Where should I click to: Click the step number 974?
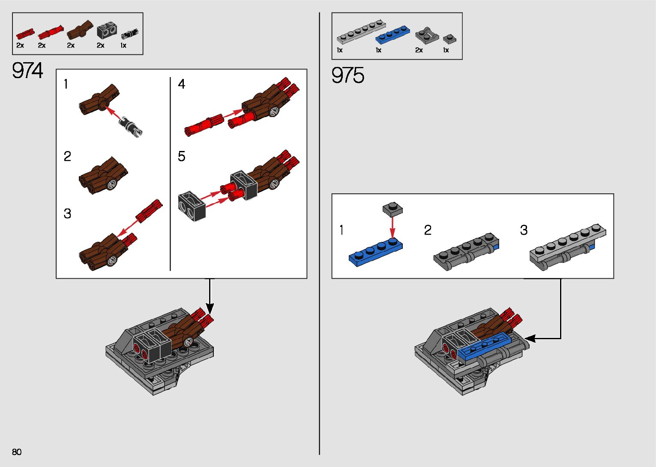pos(28,71)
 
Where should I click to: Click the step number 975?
pos(348,75)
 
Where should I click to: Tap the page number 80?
pos(17,452)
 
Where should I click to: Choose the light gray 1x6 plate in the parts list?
pos(361,32)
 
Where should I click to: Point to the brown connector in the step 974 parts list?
pos(80,30)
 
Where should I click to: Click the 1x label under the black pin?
pos(123,45)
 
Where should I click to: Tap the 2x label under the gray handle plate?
pos(419,50)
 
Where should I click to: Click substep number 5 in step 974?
pos(182,157)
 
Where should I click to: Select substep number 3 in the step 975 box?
pos(524,230)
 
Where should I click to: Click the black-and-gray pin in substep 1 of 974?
pos(131,127)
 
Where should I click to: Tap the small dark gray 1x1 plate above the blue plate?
pos(392,209)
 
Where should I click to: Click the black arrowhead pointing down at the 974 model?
pos(210,308)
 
